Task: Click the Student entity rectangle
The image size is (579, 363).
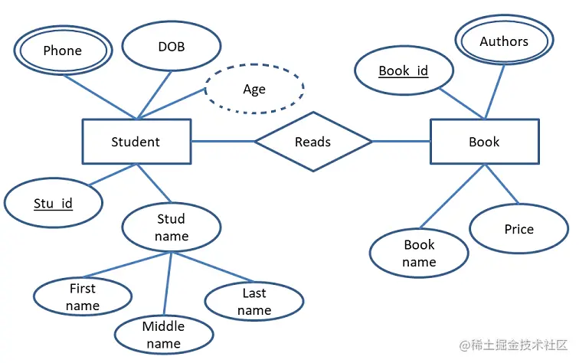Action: (136, 142)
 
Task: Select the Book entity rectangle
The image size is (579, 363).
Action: (484, 142)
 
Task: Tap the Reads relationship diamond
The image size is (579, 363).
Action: (313, 142)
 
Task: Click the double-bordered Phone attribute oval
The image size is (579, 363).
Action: (63, 51)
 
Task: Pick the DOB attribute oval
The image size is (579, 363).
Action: (172, 47)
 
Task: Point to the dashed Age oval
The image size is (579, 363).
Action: (254, 89)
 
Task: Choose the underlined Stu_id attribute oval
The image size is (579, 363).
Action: (53, 203)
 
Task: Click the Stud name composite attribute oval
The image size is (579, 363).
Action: (172, 227)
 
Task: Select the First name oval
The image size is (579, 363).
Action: (83, 297)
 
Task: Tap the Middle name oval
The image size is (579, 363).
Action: (164, 335)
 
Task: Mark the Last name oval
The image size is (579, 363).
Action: (254, 302)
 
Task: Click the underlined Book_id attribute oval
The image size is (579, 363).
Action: (404, 71)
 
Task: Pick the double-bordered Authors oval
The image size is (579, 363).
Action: (504, 42)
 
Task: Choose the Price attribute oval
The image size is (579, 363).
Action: (518, 229)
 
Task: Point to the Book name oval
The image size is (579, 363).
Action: (419, 253)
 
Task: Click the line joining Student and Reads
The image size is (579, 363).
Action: (222, 141)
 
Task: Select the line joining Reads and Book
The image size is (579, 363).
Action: (401, 141)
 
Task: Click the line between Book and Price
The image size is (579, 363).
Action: (502, 185)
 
